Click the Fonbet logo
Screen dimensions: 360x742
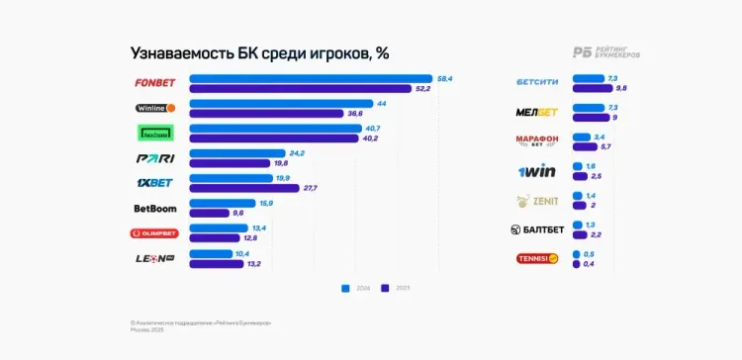coord(155,82)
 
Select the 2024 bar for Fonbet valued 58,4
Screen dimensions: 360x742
coord(310,78)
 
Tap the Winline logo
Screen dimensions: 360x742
coord(155,108)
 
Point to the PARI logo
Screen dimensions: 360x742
coord(155,158)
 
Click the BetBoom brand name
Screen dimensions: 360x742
coord(154,209)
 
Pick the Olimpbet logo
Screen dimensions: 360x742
coord(155,234)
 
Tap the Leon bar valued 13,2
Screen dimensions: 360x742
coord(214,264)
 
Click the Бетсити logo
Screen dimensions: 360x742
coord(537,82)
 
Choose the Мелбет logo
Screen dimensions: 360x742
coord(537,111)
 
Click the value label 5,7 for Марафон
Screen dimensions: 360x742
coord(606,146)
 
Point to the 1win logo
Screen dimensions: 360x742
coord(537,171)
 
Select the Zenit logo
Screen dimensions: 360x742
coord(537,201)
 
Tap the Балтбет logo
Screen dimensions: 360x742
coord(537,229)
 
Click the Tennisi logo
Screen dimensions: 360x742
coord(537,259)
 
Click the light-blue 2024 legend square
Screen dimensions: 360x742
coord(346,289)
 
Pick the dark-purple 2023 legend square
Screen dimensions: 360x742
coord(388,289)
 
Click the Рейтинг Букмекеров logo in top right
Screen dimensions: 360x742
coord(606,52)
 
